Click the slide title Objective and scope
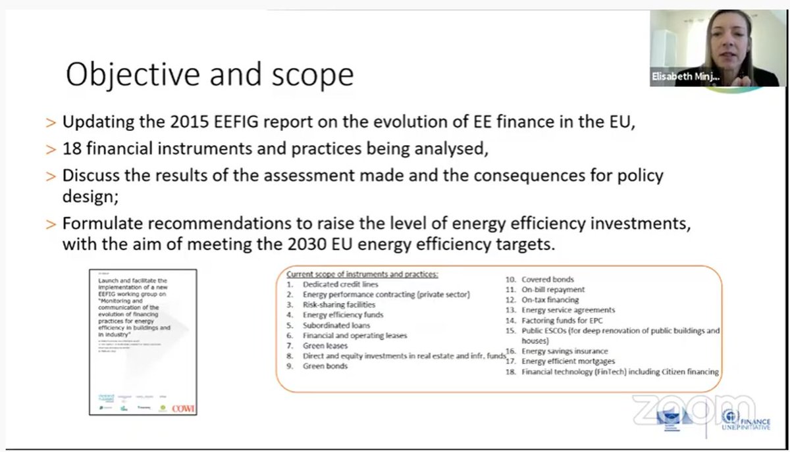click(209, 75)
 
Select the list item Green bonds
click(325, 366)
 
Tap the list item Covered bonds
click(547, 279)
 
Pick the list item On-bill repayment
click(552, 289)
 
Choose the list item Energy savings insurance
click(565, 351)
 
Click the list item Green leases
click(326, 345)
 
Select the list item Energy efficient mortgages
click(568, 361)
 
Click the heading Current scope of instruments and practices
click(363, 274)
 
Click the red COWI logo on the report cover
click(183, 408)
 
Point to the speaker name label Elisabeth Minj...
click(685, 77)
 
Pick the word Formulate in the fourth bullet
click(95, 223)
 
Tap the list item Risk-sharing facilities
click(339, 305)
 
